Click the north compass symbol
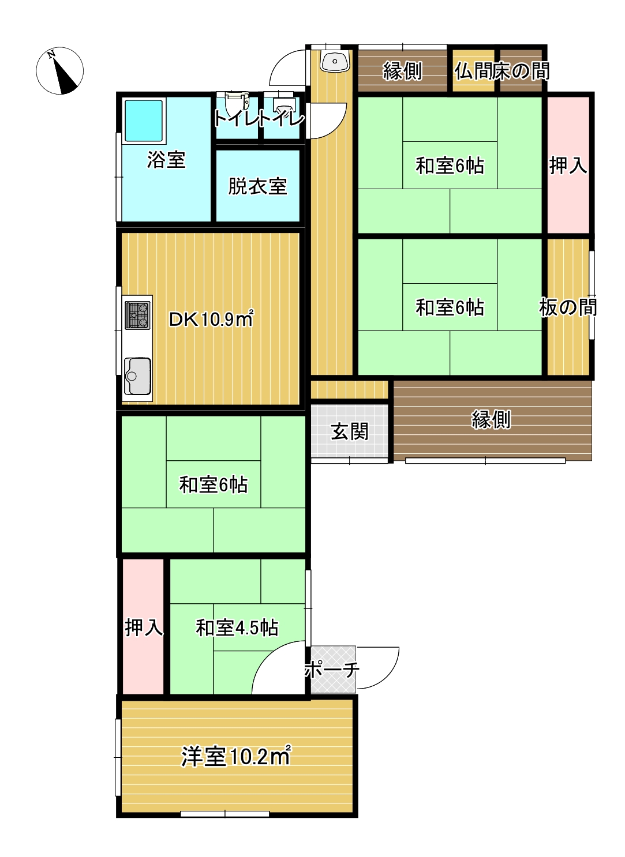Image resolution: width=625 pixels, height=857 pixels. pos(59,70)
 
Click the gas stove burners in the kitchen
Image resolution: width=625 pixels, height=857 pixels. pos(137,315)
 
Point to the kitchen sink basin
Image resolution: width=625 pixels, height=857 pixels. pos(137,376)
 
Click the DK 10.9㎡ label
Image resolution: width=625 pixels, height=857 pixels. pos(211,319)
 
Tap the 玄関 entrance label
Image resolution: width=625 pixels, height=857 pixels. pos(349,431)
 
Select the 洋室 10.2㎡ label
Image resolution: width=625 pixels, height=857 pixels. pos(236,757)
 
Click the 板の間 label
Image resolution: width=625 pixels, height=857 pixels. pos(568,307)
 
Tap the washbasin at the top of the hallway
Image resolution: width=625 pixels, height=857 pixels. pos(335,62)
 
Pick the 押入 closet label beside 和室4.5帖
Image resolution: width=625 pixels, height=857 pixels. pos(144,627)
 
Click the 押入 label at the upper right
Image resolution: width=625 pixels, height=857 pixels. pos(568,166)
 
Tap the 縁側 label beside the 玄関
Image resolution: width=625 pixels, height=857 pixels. pos(491,419)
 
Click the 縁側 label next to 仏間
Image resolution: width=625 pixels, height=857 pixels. pos(403,71)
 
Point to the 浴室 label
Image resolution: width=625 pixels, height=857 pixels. pos(166,160)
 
